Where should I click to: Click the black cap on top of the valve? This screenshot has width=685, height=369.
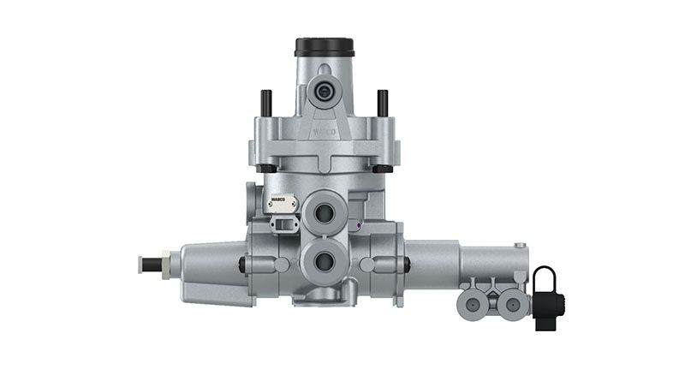(x=320, y=46)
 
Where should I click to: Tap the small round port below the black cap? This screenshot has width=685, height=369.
(x=324, y=90)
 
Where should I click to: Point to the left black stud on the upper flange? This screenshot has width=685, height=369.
(x=265, y=100)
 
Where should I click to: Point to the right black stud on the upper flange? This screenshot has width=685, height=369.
(x=382, y=100)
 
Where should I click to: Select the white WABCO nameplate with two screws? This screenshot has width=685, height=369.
(x=281, y=205)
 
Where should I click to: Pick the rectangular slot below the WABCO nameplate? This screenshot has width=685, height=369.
(x=282, y=223)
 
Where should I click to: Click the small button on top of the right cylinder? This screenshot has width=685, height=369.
(x=521, y=243)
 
